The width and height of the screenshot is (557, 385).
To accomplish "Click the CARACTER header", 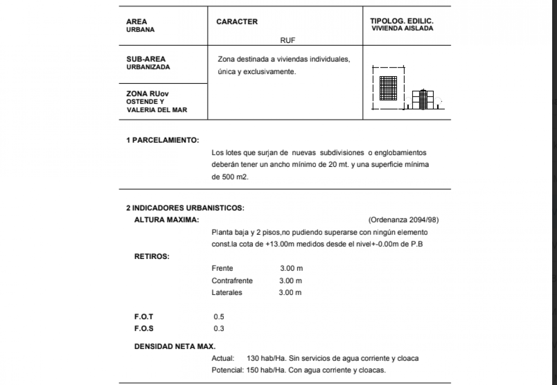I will point(237,22).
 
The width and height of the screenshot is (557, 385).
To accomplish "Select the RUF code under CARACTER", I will point(287,40).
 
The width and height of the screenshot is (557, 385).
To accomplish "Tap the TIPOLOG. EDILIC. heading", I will point(402,21).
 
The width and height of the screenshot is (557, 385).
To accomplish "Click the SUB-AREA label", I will point(146,59).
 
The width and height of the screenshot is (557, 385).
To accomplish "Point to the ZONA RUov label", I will point(147,94).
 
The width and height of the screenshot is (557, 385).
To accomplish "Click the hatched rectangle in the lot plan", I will point(388,88).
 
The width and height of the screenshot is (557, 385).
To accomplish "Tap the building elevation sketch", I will point(423,99).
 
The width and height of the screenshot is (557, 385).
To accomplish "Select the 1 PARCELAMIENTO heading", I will point(163,140).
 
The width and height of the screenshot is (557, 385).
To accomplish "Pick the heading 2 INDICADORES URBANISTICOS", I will point(185,208).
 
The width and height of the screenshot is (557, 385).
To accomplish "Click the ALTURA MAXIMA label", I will point(167,220).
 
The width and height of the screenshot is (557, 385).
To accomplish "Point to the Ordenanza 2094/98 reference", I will point(403,220).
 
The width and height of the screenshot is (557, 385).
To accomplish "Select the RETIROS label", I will point(152,256).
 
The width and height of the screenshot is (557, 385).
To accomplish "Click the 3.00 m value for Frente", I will point(291,268).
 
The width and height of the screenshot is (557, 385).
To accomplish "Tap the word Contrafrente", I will point(232,280).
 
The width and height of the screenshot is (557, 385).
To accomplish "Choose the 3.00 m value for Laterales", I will point(290,292).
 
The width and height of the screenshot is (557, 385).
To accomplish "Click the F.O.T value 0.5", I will point(219,317).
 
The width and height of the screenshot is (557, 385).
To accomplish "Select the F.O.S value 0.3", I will point(219,328).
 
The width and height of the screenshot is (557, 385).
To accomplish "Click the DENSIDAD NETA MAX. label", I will point(175,346).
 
